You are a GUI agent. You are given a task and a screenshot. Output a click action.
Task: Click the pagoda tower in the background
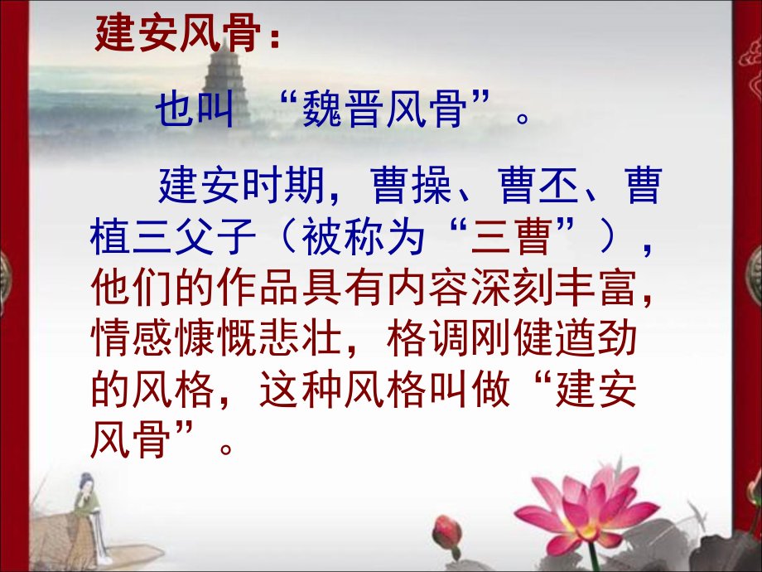pyautogui.click(x=218, y=75)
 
